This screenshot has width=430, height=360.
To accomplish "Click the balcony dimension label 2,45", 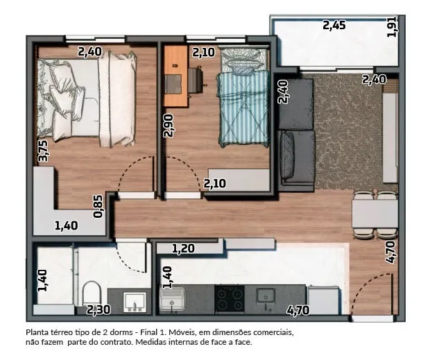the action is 334,26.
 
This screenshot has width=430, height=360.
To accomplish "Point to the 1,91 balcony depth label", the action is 391,26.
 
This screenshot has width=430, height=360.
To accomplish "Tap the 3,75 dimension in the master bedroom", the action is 43,151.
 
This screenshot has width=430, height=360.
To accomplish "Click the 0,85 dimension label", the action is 98,207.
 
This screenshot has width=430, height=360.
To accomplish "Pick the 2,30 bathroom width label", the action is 98,310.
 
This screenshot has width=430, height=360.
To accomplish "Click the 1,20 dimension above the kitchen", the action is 183,249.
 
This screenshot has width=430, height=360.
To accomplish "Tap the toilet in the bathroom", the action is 92,293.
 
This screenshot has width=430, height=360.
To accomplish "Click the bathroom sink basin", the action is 135,302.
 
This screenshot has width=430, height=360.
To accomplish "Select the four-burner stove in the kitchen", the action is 230,298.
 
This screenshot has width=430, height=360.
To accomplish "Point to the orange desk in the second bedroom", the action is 175,76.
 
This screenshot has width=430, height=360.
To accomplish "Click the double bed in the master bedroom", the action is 87,98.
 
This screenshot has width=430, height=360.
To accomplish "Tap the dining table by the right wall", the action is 375,214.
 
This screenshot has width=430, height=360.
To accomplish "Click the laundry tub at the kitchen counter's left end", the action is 172,300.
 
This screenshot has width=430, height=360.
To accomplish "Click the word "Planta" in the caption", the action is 37,332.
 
